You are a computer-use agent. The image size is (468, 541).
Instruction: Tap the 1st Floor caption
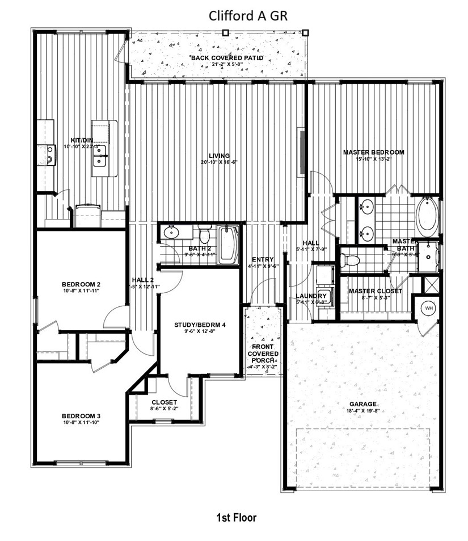point(236,517)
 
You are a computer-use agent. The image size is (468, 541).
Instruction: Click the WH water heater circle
point(427,309)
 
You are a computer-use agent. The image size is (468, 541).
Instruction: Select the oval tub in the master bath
point(427,217)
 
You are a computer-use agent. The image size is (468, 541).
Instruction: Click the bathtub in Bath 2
point(228,244)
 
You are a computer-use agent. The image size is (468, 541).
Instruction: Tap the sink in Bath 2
point(171,232)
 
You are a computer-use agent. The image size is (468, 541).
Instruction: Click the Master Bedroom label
point(373,152)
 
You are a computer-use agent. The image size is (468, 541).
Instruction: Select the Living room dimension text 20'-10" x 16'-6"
point(218,162)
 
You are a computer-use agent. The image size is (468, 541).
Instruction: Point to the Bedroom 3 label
point(81,415)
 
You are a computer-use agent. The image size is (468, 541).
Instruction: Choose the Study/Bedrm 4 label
point(200,325)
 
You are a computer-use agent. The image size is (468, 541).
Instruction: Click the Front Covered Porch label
point(263,354)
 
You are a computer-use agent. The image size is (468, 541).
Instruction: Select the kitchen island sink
point(100,160)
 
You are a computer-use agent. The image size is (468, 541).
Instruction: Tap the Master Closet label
point(375,291)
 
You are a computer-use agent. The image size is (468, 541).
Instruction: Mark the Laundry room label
point(311,296)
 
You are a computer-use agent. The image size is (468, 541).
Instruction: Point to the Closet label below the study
point(164,401)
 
